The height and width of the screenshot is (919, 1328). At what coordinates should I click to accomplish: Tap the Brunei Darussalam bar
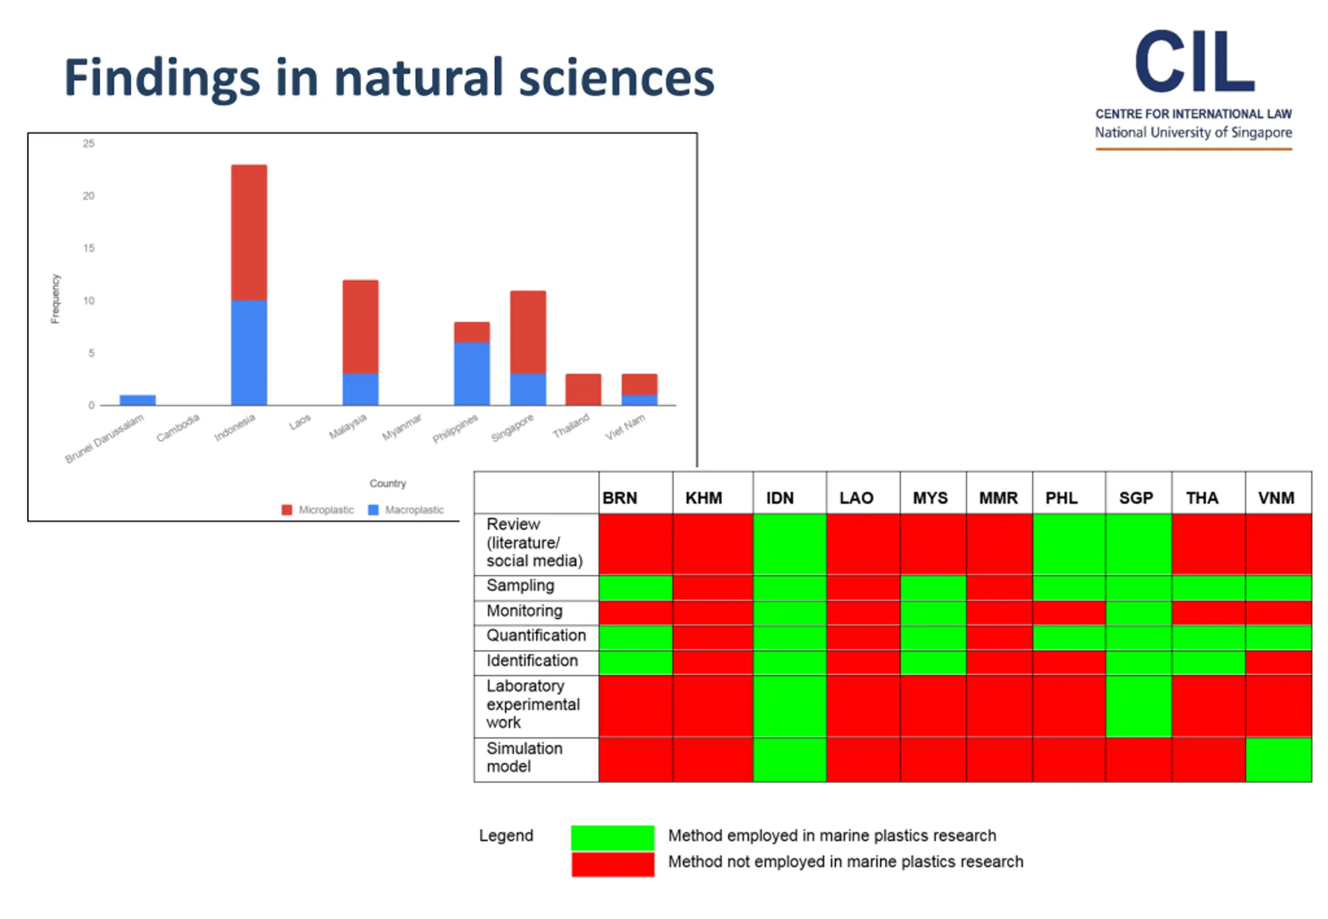tap(137, 400)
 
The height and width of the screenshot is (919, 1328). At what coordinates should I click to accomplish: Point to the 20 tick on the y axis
tap(88, 196)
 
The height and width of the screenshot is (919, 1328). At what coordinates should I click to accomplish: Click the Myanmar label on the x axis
tap(402, 427)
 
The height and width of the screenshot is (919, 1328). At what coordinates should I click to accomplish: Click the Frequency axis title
tap(56, 298)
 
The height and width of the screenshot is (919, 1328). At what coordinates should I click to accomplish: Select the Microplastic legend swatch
tap(287, 510)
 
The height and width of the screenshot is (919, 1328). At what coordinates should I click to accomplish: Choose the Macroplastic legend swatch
tap(373, 510)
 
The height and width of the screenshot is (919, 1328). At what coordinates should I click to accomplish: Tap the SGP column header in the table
tap(1136, 497)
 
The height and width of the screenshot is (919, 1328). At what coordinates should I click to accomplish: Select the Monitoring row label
tap(524, 610)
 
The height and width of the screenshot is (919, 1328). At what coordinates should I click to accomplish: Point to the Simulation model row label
tap(523, 757)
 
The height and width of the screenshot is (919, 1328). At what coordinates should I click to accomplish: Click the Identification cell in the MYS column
tap(932, 662)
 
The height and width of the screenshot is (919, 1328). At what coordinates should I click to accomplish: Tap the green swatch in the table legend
tap(612, 837)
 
